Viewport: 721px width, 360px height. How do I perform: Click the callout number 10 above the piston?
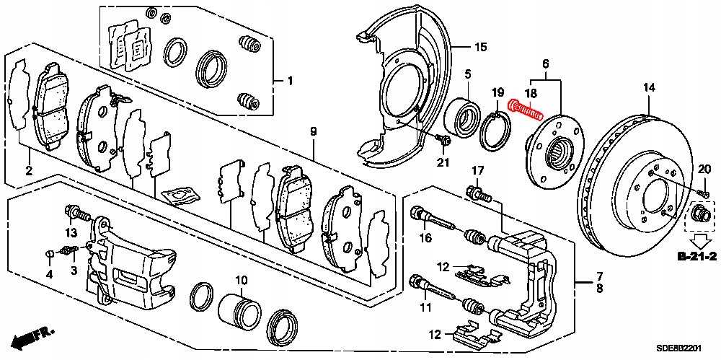point(240,280)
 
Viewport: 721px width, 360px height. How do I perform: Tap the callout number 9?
point(314,131)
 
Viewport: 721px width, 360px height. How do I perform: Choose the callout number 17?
point(477,170)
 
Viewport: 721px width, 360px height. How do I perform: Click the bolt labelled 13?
point(76,213)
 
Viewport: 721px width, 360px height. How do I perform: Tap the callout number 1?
point(290,81)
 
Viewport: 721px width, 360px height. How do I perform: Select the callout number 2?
point(29,170)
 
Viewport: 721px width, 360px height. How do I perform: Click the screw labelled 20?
point(702,193)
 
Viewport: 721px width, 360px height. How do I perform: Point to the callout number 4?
point(49,274)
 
